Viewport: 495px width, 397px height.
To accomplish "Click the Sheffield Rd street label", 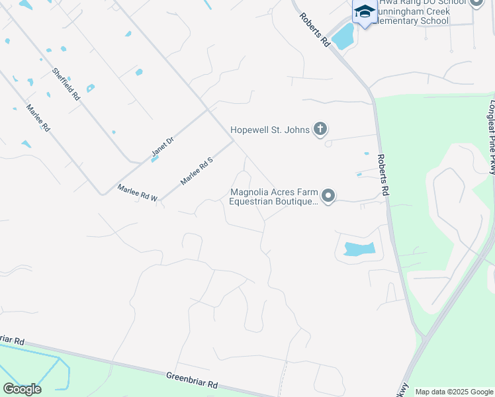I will pos(66,83).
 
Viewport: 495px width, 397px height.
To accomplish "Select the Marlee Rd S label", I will pos(197,171).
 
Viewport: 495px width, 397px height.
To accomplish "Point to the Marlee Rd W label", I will pos(138,193).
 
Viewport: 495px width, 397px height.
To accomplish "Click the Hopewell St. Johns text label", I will pos(270,130).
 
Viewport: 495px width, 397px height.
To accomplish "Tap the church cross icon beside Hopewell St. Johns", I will pos(320,129).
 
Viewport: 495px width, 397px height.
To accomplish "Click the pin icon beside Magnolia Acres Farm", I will pos(328,196).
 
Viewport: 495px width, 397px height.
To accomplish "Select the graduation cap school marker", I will pos(365,13).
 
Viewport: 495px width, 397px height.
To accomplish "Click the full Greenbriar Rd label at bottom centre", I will pos(193,380).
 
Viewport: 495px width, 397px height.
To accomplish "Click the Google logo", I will pos(22,388).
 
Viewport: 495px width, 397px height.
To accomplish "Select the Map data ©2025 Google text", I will pos(454,392).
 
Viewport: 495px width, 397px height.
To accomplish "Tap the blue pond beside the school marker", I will pos(343,37).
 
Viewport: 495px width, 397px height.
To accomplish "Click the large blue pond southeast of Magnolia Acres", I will pos(358,249).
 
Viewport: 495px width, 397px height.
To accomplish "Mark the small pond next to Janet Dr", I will pos(154,159).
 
